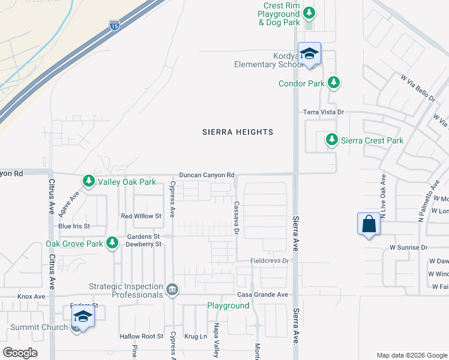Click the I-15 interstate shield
[114, 25]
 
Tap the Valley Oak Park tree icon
[89, 181]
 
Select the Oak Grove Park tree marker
[112, 243]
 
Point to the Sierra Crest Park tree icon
[331, 140]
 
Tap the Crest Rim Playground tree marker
[309, 13]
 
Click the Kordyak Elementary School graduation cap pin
[309, 53]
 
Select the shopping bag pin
[369, 224]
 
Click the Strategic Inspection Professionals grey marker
[172, 290]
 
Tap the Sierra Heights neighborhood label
[237, 132]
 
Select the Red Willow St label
[141, 216]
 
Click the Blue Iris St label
[74, 226]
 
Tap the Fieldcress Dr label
[270, 261]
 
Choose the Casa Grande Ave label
[262, 295]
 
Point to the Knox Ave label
[31, 296]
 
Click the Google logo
[20, 352]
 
